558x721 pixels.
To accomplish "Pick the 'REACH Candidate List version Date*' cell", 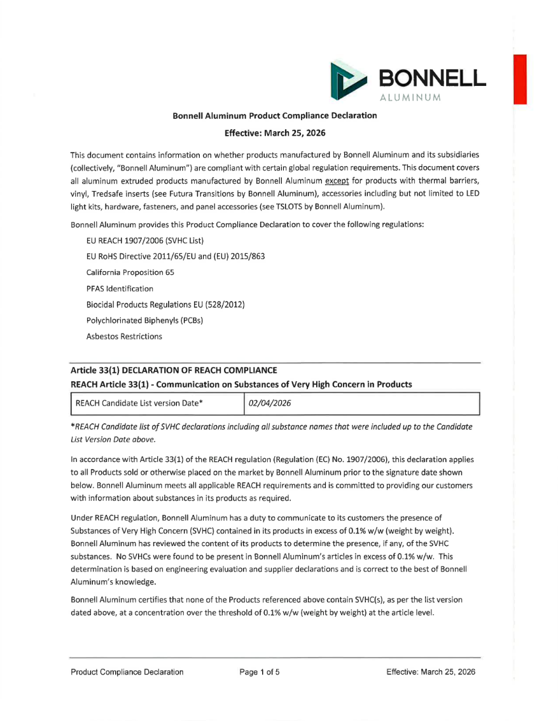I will (x=140, y=403).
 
